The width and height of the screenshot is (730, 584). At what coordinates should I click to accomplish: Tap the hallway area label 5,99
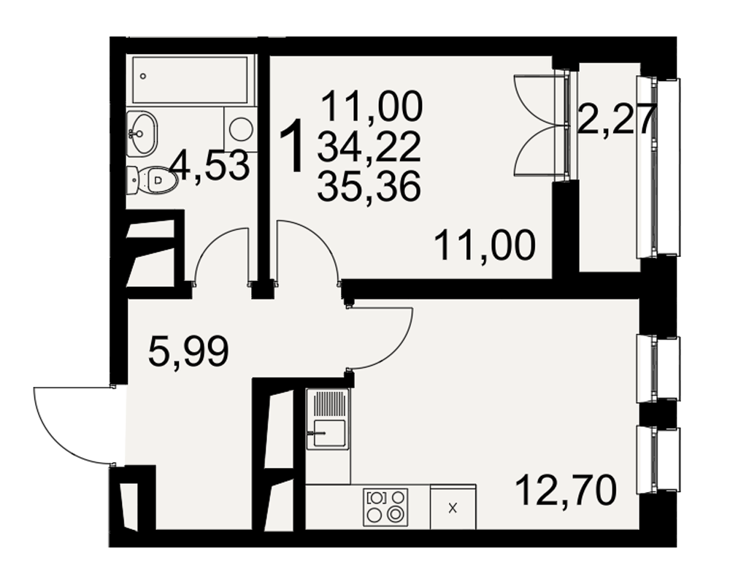[x=188, y=352]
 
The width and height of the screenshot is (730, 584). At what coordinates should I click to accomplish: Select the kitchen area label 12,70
[x=566, y=490]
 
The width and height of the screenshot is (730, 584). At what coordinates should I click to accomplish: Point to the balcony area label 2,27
[x=616, y=119]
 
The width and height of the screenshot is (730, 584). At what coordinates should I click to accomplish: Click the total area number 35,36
[x=369, y=186]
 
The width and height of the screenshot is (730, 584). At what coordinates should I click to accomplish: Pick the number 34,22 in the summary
[x=369, y=147]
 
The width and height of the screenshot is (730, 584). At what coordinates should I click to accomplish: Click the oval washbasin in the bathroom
[x=142, y=133]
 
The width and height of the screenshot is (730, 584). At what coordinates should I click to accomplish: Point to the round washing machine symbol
[x=241, y=128]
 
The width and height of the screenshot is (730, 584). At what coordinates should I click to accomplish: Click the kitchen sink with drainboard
[x=328, y=419]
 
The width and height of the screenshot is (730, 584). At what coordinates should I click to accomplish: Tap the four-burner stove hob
[x=385, y=507]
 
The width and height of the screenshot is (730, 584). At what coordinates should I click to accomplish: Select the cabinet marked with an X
[x=453, y=507]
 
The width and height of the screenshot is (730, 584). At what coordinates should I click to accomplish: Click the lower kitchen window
[x=658, y=460]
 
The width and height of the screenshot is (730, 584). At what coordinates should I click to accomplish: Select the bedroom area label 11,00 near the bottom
[x=485, y=245]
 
